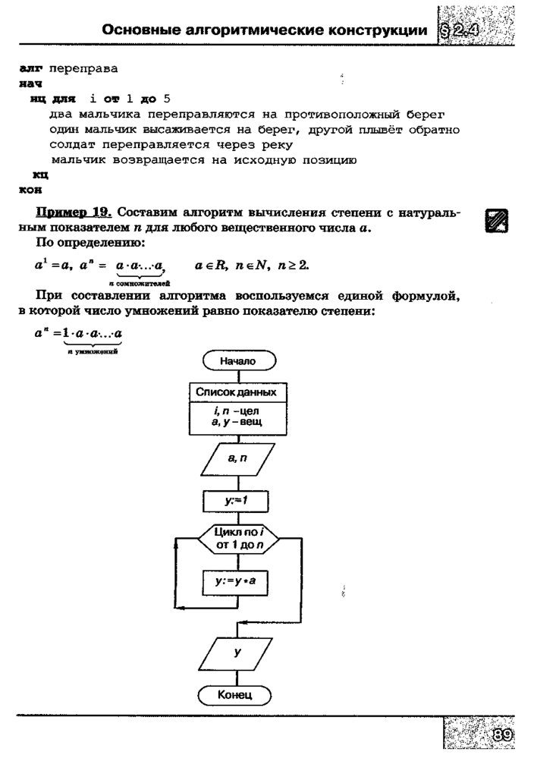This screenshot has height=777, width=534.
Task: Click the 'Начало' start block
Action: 237,362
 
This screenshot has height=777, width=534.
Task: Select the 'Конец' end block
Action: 234,694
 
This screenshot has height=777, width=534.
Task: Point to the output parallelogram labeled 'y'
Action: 237,650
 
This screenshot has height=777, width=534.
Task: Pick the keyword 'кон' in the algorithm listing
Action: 30,189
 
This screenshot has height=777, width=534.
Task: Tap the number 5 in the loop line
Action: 167,99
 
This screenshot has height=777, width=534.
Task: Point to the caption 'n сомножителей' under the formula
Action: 136,282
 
